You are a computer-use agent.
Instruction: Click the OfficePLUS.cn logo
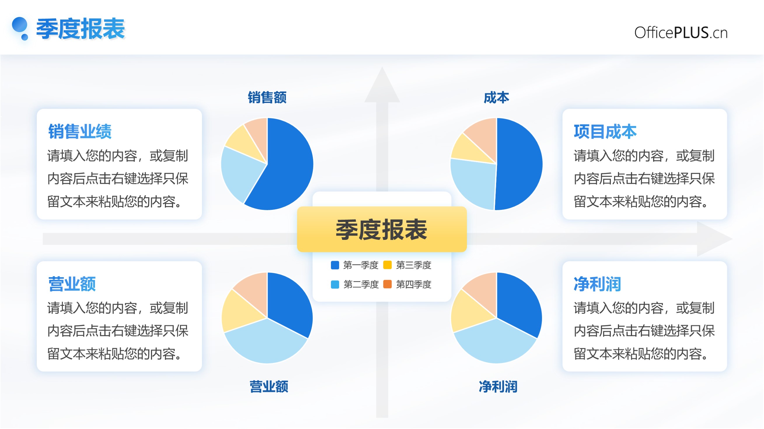(681, 32)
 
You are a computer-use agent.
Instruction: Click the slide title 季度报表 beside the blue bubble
(80, 29)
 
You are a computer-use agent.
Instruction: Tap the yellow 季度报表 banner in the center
(382, 229)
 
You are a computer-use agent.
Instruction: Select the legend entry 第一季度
(355, 265)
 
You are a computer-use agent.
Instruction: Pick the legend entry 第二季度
(355, 284)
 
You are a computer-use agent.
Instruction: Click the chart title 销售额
(267, 97)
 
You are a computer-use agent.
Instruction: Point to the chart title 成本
(496, 97)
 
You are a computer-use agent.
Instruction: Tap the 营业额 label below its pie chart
(269, 387)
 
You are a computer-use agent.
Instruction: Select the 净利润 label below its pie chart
(498, 387)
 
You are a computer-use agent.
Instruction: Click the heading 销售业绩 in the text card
(80, 131)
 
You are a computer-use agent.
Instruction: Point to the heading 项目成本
(605, 131)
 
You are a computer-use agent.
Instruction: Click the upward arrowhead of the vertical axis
(382, 86)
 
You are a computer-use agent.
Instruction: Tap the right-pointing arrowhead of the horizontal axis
(714, 239)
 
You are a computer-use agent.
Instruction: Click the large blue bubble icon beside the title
(20, 25)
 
